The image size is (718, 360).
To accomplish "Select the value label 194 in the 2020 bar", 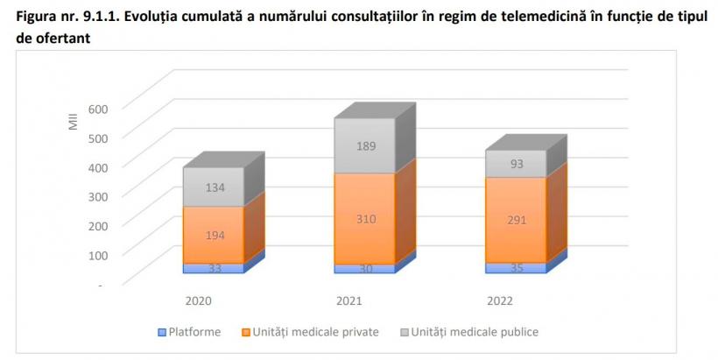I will tap(213, 236).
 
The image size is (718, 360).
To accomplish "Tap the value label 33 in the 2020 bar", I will tap(213, 268).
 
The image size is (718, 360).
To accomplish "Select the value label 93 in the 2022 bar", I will tap(517, 164).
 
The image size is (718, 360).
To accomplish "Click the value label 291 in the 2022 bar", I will tap(517, 220).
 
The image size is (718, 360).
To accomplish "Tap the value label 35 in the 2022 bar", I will tap(517, 268).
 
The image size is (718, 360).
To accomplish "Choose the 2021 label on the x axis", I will tap(350, 300).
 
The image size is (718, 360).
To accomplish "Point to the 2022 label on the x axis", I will tap(501, 300).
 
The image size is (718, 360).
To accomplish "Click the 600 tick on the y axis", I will tap(96, 108).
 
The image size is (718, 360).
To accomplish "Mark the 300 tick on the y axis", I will tap(96, 196).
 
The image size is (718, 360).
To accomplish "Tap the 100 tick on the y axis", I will tap(96, 255).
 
